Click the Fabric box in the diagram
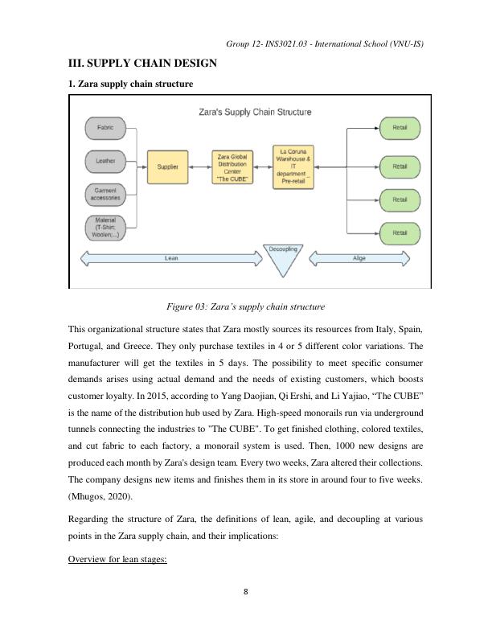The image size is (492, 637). click(x=105, y=128)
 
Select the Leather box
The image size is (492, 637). click(x=105, y=161)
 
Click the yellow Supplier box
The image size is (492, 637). click(x=167, y=166)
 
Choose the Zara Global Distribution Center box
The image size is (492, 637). click(x=232, y=166)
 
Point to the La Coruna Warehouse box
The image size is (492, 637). click(x=294, y=166)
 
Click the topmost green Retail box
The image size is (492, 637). click(x=400, y=127)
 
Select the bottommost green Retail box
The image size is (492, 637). click(x=400, y=232)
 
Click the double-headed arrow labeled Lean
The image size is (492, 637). click(x=170, y=259)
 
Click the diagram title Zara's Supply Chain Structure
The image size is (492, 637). click(x=255, y=112)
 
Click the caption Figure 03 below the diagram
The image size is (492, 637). click(x=245, y=306)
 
